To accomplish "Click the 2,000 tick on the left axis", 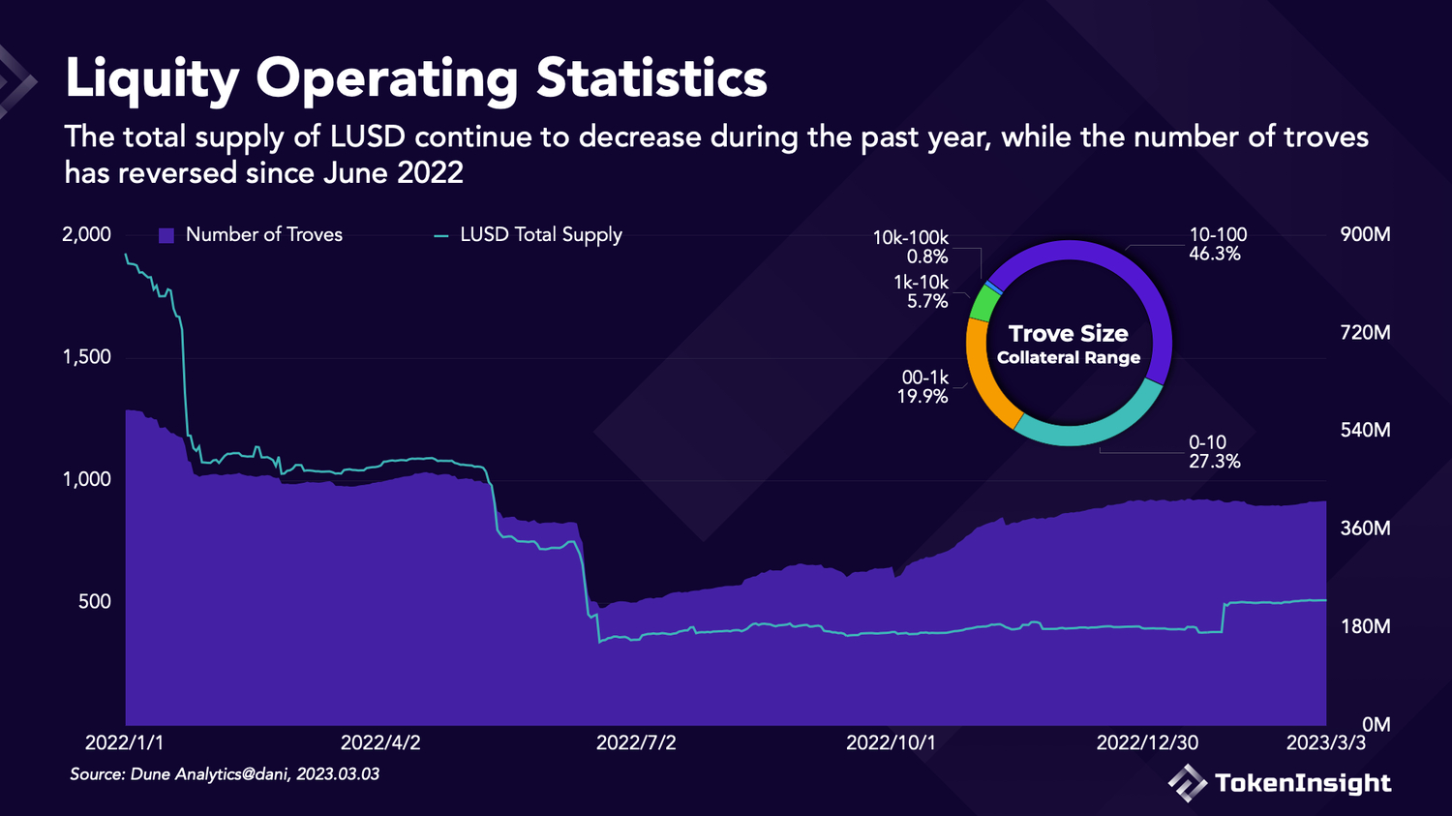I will coord(86,234).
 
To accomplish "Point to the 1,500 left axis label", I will coord(86,357).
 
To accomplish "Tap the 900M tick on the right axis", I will coord(1365,234).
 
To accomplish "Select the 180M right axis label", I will coord(1365,626).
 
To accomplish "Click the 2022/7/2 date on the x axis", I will coord(636,742).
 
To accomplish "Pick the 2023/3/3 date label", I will coord(1325,742).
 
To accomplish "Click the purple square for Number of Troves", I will coord(166,235).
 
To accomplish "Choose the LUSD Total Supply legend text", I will coord(540,235).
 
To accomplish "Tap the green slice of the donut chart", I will coord(983,303).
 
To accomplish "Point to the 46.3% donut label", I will coord(1215,254).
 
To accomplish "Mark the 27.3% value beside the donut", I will coord(1214,461).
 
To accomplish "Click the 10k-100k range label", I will coord(910,237).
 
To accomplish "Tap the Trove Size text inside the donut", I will coord(1068,334).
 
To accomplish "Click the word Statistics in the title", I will coord(651,78).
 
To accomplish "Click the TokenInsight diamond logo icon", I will coord(1187,782).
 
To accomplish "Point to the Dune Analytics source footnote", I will coord(225,774).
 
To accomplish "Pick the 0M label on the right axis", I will coord(1376,724).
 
